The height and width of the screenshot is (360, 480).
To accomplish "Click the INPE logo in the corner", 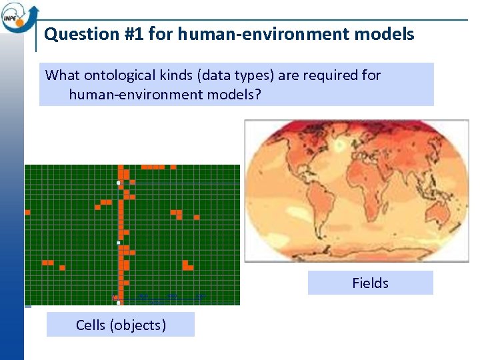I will click(19, 17).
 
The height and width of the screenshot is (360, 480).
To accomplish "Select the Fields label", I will click(370, 283).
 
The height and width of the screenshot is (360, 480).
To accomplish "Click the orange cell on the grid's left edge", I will click(27, 212).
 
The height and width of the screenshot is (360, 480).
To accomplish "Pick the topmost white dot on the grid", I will click(118, 183).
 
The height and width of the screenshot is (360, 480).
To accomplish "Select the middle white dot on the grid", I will click(119, 243).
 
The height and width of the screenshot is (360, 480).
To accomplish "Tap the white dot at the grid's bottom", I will click(118, 303).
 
